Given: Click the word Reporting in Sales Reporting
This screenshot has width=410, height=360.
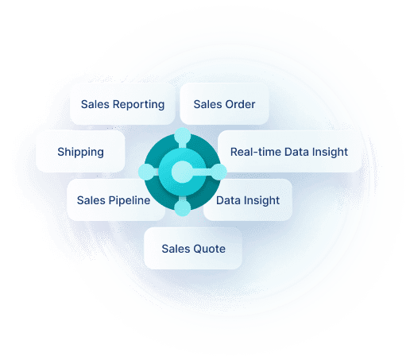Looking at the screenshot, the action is click(138, 105).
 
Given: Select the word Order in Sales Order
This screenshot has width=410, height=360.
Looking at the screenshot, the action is click(240, 104).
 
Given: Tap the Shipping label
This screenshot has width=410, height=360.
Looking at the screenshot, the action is click(80, 153).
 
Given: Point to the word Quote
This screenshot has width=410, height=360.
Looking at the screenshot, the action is click(209, 249).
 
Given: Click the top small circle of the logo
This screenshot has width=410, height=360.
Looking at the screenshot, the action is click(183, 136).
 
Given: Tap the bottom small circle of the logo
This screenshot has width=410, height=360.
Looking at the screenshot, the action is click(183, 208).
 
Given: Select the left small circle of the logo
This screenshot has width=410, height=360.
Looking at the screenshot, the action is click(146, 172).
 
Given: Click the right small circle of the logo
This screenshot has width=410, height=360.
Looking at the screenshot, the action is click(219, 172).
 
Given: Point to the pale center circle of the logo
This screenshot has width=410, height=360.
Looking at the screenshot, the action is click(182, 172).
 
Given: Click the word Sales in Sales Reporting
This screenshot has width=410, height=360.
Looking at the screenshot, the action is click(95, 104).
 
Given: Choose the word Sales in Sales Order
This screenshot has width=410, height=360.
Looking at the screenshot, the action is click(208, 104).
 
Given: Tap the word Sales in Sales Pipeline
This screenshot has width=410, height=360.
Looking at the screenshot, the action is click(91, 200).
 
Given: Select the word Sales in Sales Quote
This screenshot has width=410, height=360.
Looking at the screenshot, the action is click(176, 249).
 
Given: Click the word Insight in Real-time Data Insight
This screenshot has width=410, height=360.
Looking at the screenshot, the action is click(330, 152).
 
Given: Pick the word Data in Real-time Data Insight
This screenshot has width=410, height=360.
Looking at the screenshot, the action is click(296, 152).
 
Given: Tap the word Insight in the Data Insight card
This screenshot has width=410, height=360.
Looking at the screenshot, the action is click(261, 200).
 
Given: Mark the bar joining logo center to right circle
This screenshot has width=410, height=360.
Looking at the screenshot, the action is click(202, 172).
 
